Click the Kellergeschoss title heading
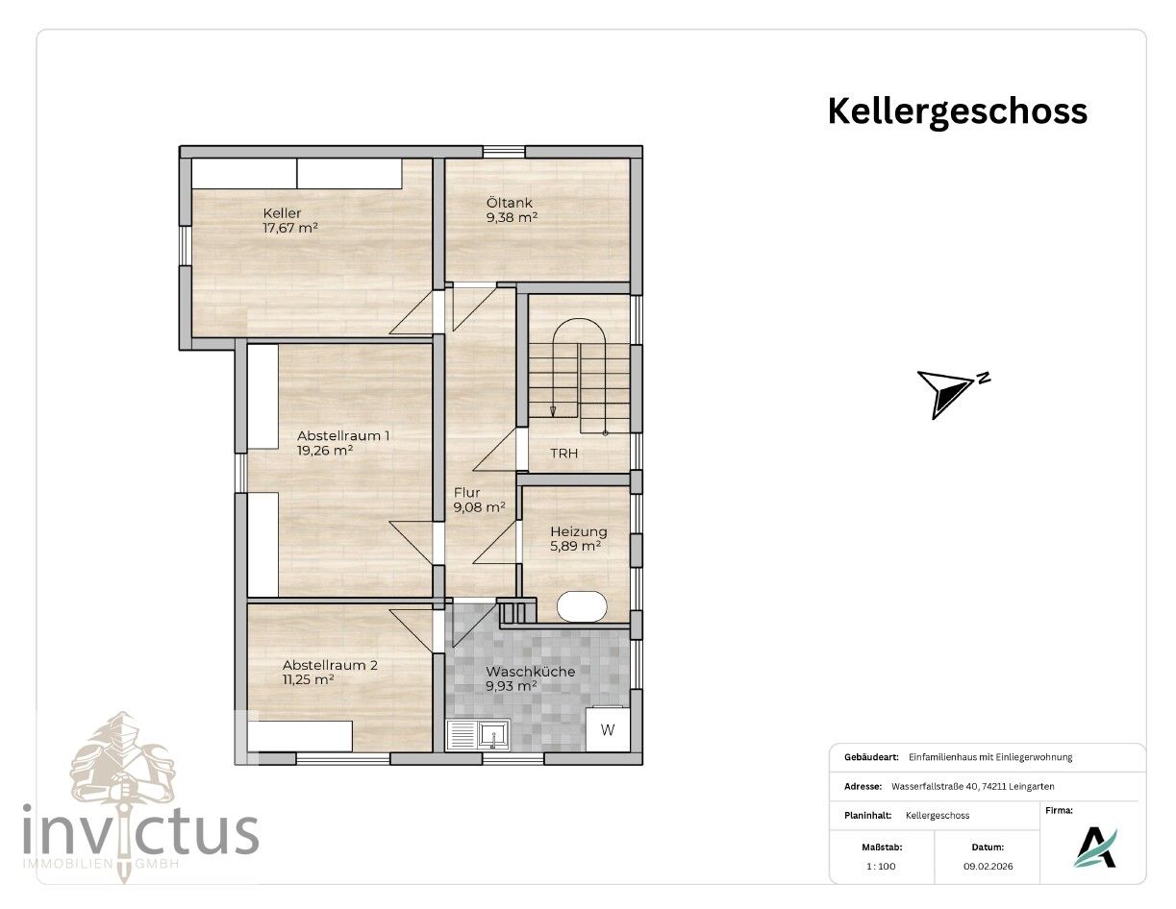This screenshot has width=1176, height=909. pyautogui.click(x=957, y=111)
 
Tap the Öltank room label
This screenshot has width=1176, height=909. pyautogui.click(x=510, y=203)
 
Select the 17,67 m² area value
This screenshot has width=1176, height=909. pyautogui.click(x=290, y=228)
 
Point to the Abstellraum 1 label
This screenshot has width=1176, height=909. pyautogui.click(x=343, y=435)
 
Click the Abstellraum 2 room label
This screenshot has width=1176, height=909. pyautogui.click(x=330, y=665)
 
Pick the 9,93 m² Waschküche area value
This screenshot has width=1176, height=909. pyautogui.click(x=512, y=686)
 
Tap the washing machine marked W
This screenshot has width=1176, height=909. pyautogui.click(x=608, y=729)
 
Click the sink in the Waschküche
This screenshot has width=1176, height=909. pyautogui.click(x=478, y=735)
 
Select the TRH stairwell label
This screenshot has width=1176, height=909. pyautogui.click(x=563, y=454)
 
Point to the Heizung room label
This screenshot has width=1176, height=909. pyautogui.click(x=579, y=531)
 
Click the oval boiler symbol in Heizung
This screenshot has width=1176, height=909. pyautogui.click(x=582, y=606)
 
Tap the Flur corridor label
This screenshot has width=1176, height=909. pyautogui.click(x=467, y=493)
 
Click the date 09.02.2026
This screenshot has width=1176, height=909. pyautogui.click(x=988, y=866)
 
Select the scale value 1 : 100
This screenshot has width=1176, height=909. pyautogui.click(x=881, y=866)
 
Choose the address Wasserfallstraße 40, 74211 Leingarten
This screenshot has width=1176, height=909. pyautogui.click(x=972, y=786)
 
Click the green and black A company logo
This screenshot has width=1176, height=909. pyautogui.click(x=1095, y=848)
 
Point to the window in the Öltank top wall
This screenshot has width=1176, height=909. pyautogui.click(x=504, y=152)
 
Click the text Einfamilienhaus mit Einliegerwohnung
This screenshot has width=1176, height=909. pyautogui.click(x=990, y=757)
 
